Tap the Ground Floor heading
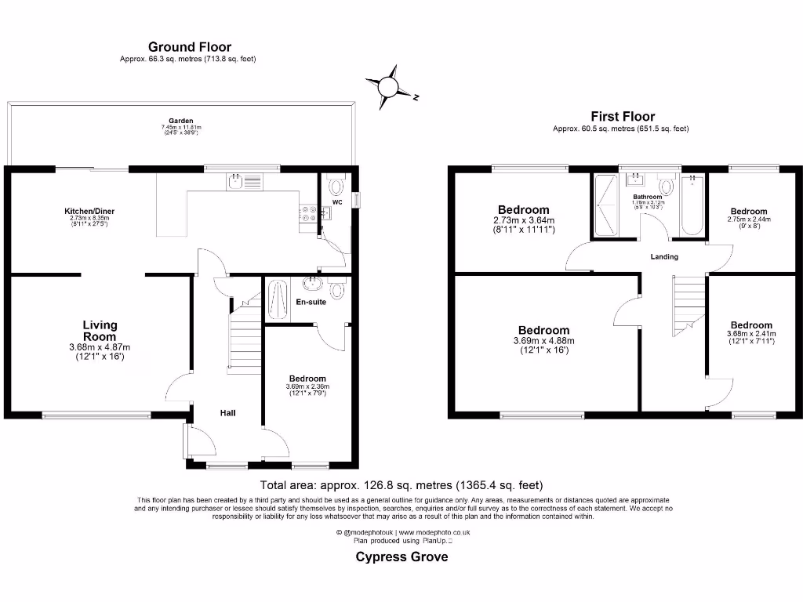(190, 48)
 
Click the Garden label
(180, 121)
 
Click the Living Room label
(100, 331)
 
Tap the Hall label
(227, 413)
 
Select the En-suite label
(311, 302)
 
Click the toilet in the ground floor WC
(336, 186)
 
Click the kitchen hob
(307, 213)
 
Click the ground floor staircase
(245, 333)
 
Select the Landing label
(664, 257)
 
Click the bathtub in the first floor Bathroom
(692, 205)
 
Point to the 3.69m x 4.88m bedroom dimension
(543, 341)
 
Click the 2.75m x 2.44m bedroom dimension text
(749, 219)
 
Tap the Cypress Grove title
(401, 557)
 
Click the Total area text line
(401, 485)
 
